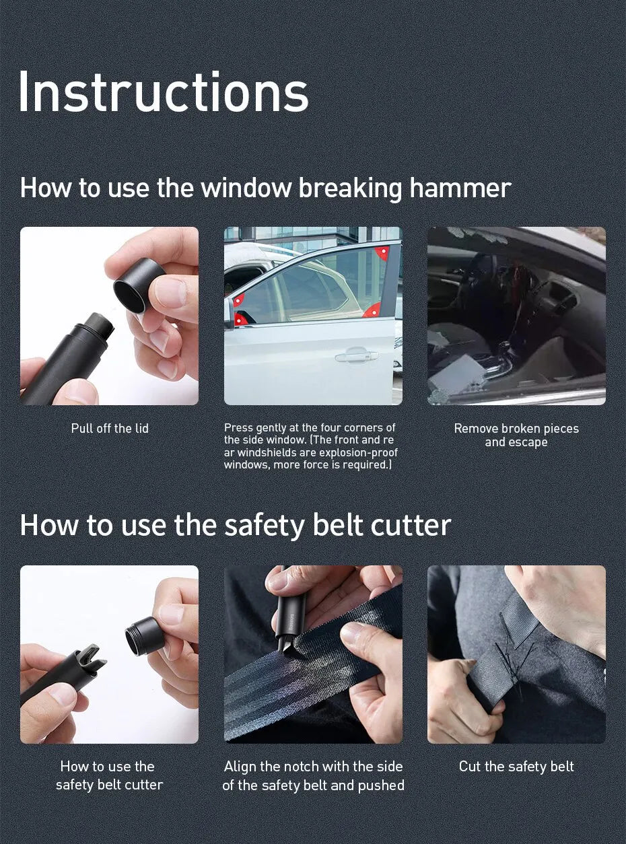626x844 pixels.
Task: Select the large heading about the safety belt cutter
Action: pos(235,525)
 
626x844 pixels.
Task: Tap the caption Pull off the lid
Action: pos(110,429)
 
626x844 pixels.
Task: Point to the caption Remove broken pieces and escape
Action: pos(516,435)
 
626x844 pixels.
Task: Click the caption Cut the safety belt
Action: pos(516,767)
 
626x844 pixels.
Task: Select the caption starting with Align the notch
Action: pos(313,776)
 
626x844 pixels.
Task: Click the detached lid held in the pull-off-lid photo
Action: pos(138,285)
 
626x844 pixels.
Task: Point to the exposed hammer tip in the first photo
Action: pos(100,326)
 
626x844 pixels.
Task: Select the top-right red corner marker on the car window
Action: pos(382,252)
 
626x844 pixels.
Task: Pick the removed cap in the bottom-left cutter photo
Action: pos(145,636)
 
